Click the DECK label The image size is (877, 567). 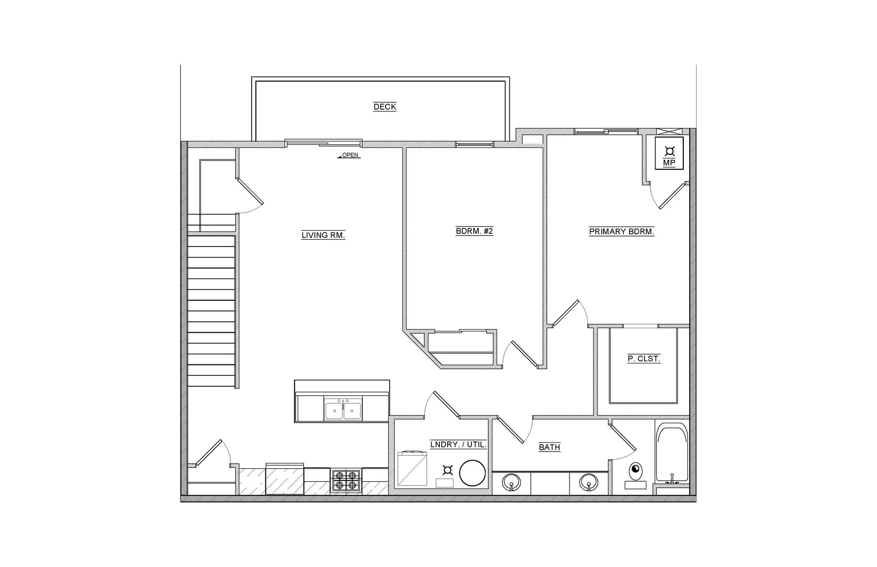[385, 107]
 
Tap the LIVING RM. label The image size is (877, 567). [323, 236]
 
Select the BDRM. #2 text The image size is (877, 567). [474, 231]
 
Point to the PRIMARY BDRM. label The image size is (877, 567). [621, 231]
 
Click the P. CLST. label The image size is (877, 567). [644, 359]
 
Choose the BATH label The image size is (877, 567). [549, 447]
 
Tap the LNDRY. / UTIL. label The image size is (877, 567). [459, 445]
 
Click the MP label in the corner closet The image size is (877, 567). [669, 163]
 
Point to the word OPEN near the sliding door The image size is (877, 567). [350, 155]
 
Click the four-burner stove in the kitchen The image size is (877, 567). [346, 480]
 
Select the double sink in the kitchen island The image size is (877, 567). [343, 409]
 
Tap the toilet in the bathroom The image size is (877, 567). [635, 472]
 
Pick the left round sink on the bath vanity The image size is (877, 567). [511, 482]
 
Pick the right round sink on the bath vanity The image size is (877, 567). [589, 482]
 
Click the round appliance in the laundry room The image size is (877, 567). [472, 473]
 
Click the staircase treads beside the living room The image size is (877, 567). [211, 310]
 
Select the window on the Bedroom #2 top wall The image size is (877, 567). [474, 145]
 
